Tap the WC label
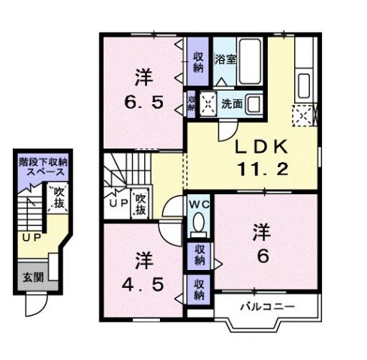[x=199, y=205]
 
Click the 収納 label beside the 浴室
[x=197, y=61]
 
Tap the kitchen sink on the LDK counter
[x=305, y=82]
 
